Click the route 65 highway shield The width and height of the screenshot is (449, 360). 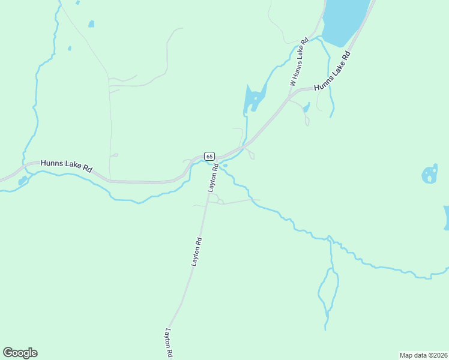[209, 156]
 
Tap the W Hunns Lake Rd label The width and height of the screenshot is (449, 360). [299, 62]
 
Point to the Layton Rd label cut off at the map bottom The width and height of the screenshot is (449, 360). [169, 344]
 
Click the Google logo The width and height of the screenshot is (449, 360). [20, 353]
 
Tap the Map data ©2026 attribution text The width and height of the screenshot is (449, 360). [423, 355]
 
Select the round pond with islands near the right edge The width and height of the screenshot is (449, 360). [430, 175]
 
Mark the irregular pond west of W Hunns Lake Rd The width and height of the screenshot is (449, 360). [253, 99]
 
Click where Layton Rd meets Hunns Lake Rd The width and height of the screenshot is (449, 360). [213, 161]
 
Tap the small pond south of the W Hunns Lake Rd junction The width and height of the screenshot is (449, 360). [306, 108]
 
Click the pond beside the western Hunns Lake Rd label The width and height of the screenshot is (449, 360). [22, 181]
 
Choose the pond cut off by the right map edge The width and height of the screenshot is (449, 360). [446, 217]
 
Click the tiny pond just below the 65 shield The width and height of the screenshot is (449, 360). [224, 166]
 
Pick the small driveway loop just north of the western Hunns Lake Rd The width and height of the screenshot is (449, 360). [114, 155]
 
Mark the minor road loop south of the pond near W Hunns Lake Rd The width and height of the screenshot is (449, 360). [307, 121]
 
